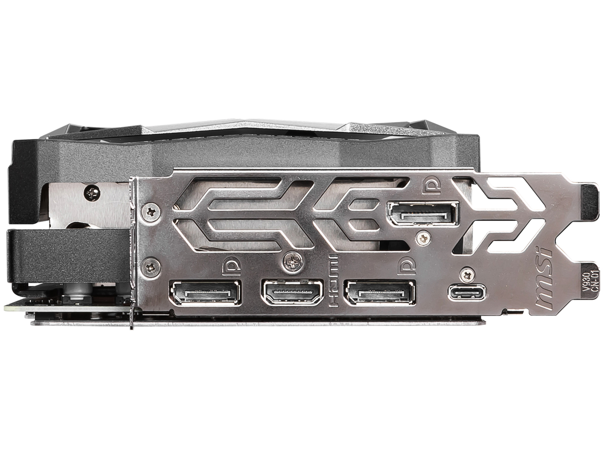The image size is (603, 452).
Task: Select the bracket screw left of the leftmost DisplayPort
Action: pos(151,267)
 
